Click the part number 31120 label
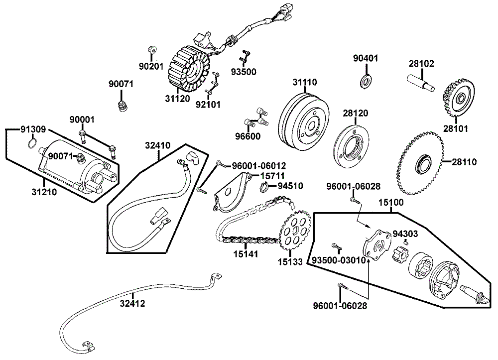177,99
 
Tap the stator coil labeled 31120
187,70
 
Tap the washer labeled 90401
366,81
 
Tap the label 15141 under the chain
246,254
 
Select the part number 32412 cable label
132,304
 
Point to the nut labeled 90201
152,50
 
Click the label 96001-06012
259,166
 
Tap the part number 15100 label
390,202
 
